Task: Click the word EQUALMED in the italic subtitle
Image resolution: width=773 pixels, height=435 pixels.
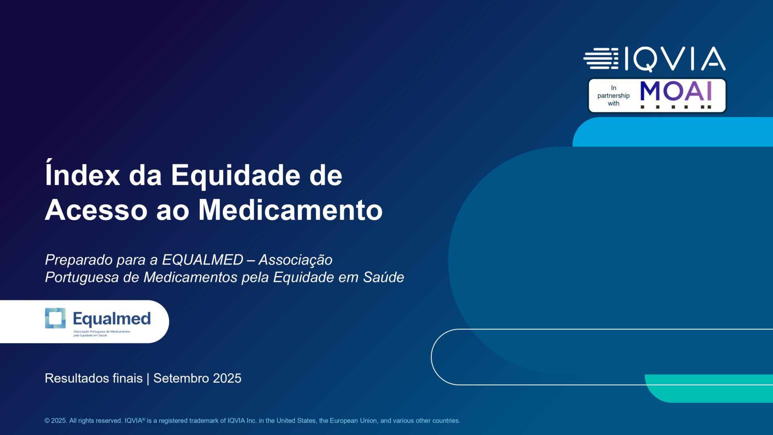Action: point(203,260)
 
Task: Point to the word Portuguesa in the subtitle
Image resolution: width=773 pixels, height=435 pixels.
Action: point(82,278)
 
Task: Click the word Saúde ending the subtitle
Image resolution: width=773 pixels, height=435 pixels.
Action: point(383,277)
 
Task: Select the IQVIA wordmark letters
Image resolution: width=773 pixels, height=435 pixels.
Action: point(675,59)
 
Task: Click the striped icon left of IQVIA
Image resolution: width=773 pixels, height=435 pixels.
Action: point(601,58)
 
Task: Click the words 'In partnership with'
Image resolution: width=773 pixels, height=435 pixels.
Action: point(613,95)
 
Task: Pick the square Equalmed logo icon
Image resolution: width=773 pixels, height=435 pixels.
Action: point(55,318)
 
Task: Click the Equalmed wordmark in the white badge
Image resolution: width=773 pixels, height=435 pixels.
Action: point(112,319)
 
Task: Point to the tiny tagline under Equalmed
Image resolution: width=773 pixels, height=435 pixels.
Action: point(102,333)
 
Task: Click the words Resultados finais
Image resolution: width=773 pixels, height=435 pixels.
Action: point(93,378)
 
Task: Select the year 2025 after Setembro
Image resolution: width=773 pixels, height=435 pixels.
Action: point(227,378)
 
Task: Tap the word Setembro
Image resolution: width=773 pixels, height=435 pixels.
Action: point(181,378)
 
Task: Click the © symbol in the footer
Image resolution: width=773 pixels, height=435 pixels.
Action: point(47,420)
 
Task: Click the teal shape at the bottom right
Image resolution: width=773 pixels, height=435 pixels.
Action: point(709,388)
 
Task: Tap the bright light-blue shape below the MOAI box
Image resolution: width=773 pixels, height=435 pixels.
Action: point(673,132)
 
